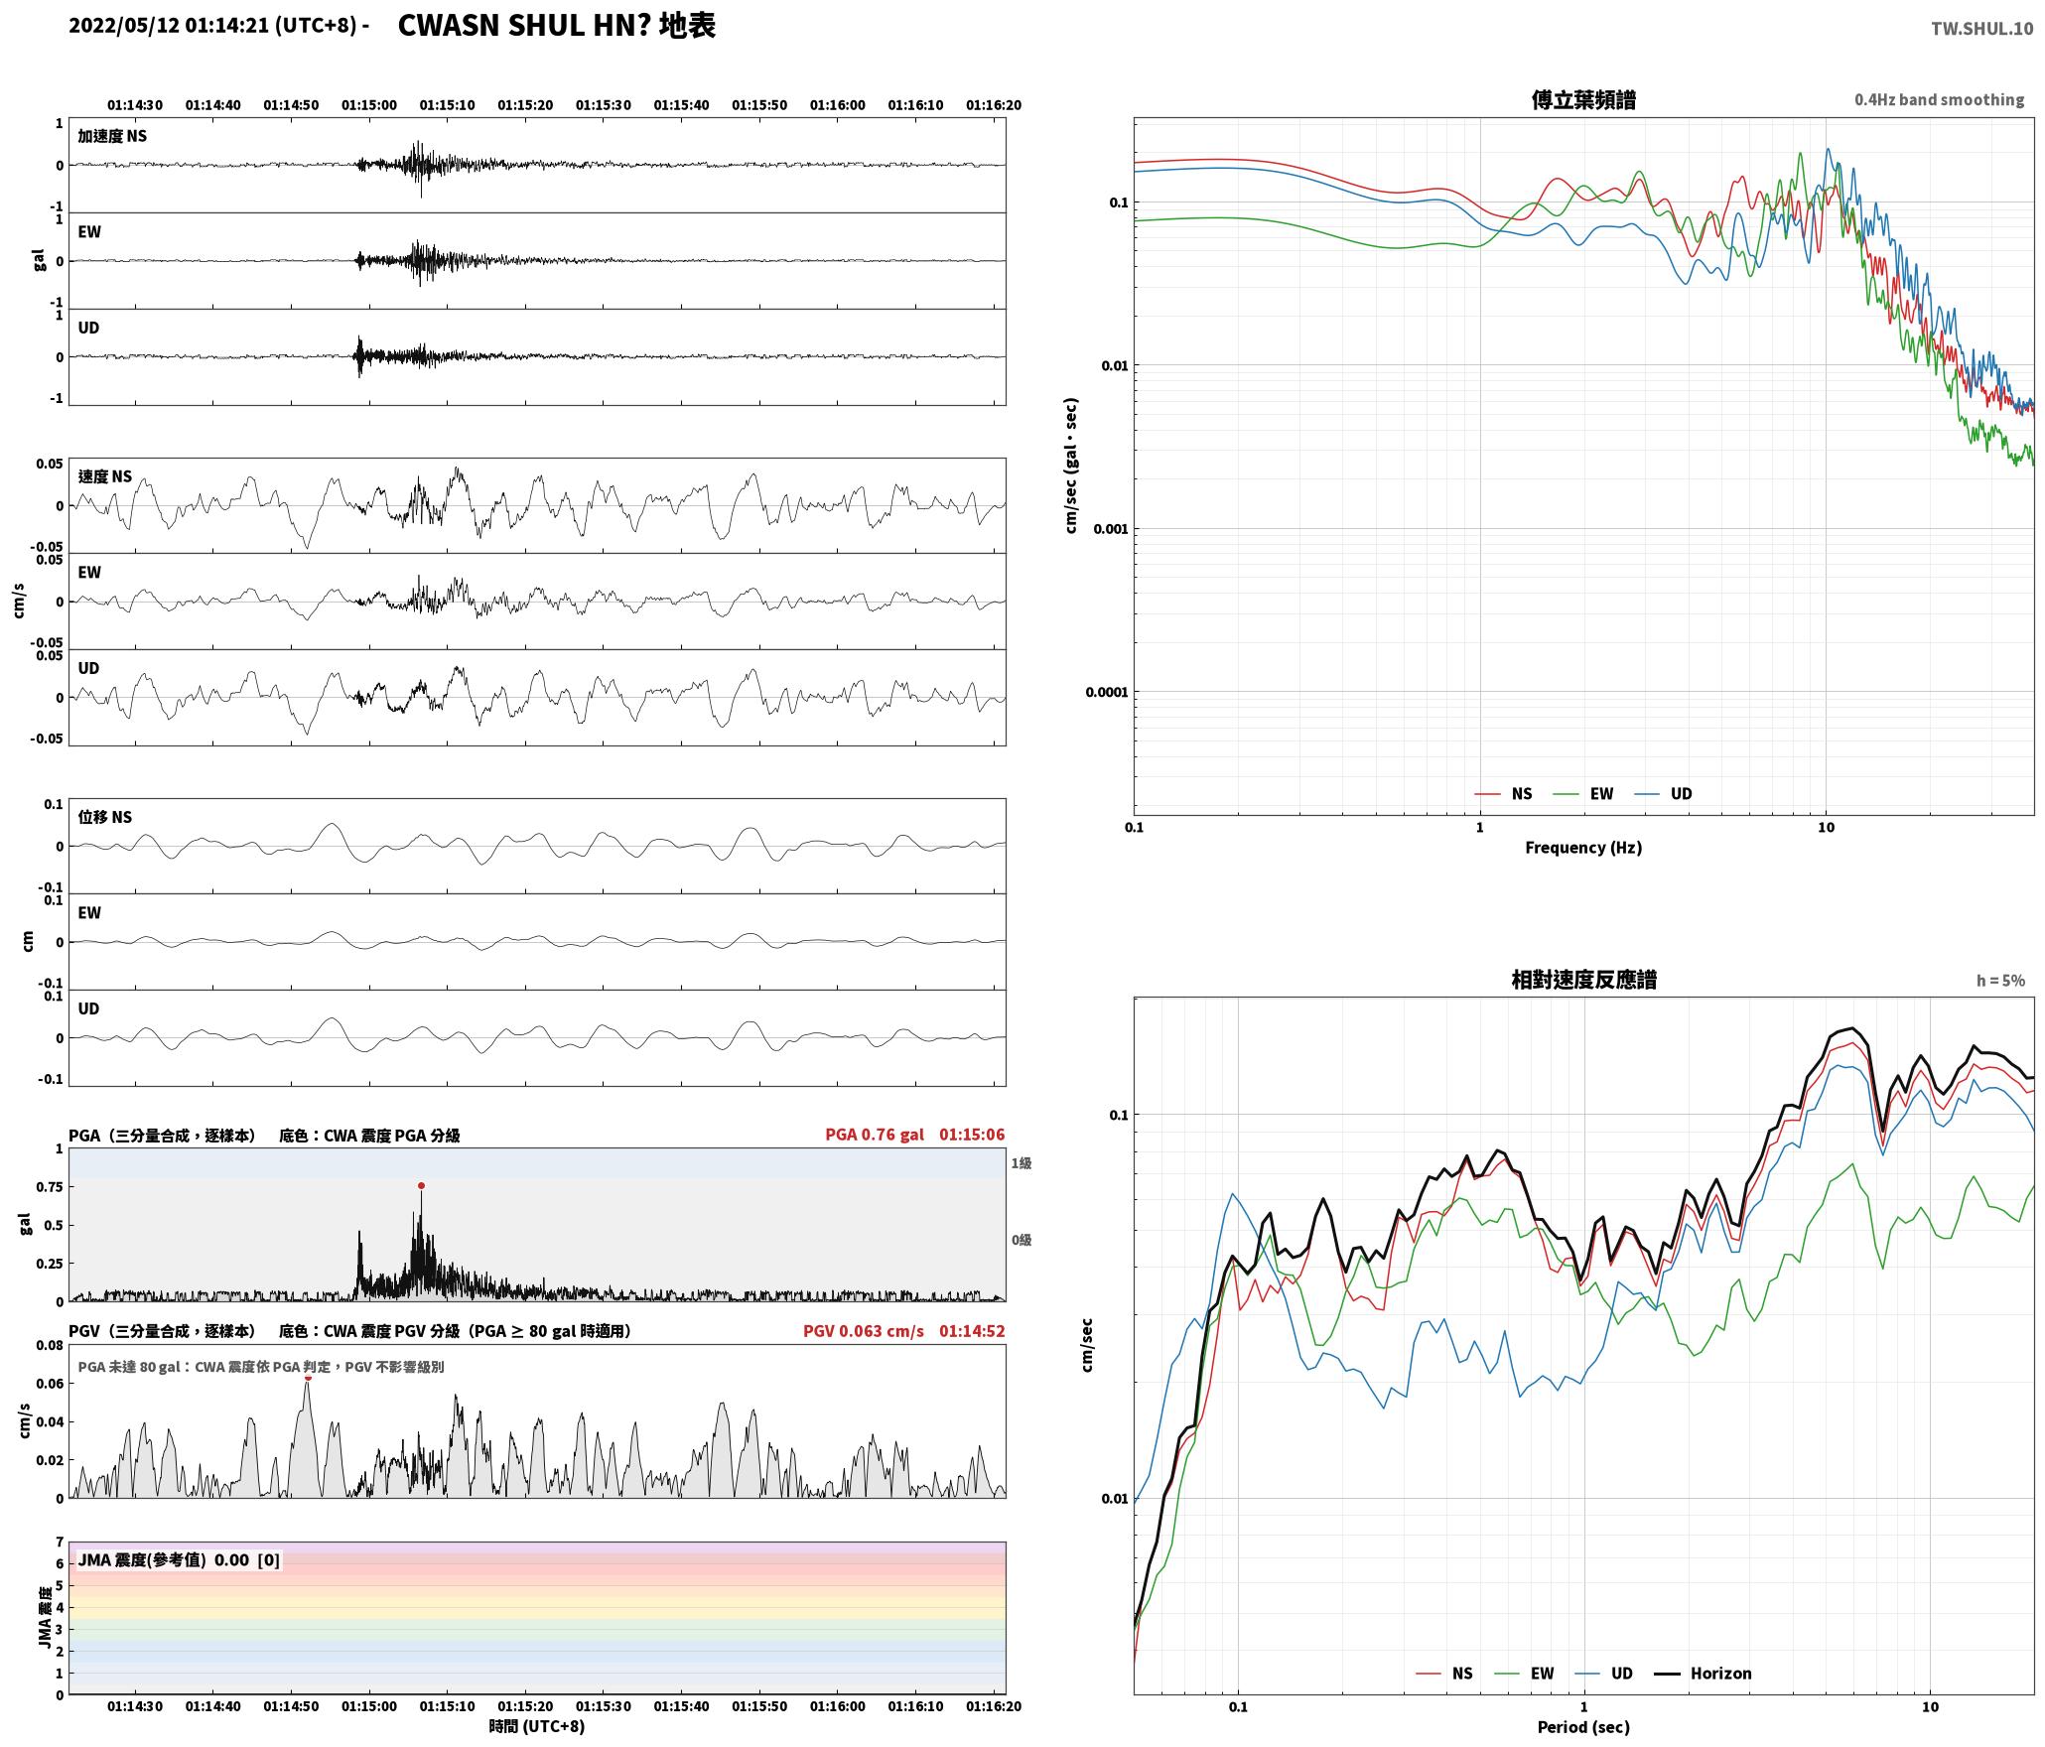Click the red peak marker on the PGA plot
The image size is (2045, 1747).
click(x=421, y=1185)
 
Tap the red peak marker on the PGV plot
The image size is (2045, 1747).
click(x=308, y=1378)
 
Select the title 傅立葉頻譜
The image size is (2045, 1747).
click(x=1583, y=100)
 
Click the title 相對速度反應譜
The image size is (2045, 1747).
click(x=1583, y=980)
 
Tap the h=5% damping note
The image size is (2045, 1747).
click(x=2000, y=981)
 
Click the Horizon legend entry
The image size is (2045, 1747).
click(x=1704, y=1674)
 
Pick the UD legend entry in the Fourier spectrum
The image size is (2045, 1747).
click(x=1664, y=794)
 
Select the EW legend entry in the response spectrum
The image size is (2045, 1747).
click(x=1525, y=1674)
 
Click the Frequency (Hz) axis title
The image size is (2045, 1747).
click(x=1583, y=848)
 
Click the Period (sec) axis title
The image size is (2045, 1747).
click(x=1583, y=1727)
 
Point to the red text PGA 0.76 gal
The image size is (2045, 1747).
click(x=875, y=1135)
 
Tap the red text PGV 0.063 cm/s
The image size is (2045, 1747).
click(x=864, y=1331)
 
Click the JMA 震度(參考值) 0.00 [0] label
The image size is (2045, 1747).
click(x=179, y=1560)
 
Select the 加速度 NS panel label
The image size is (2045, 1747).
click(x=112, y=136)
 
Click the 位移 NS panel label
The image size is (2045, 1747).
click(x=104, y=817)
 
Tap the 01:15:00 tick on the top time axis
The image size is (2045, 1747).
click(x=369, y=105)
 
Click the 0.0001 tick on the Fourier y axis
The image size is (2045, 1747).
click(x=1107, y=692)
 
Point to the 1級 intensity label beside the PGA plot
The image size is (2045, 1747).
click(x=1022, y=1163)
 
